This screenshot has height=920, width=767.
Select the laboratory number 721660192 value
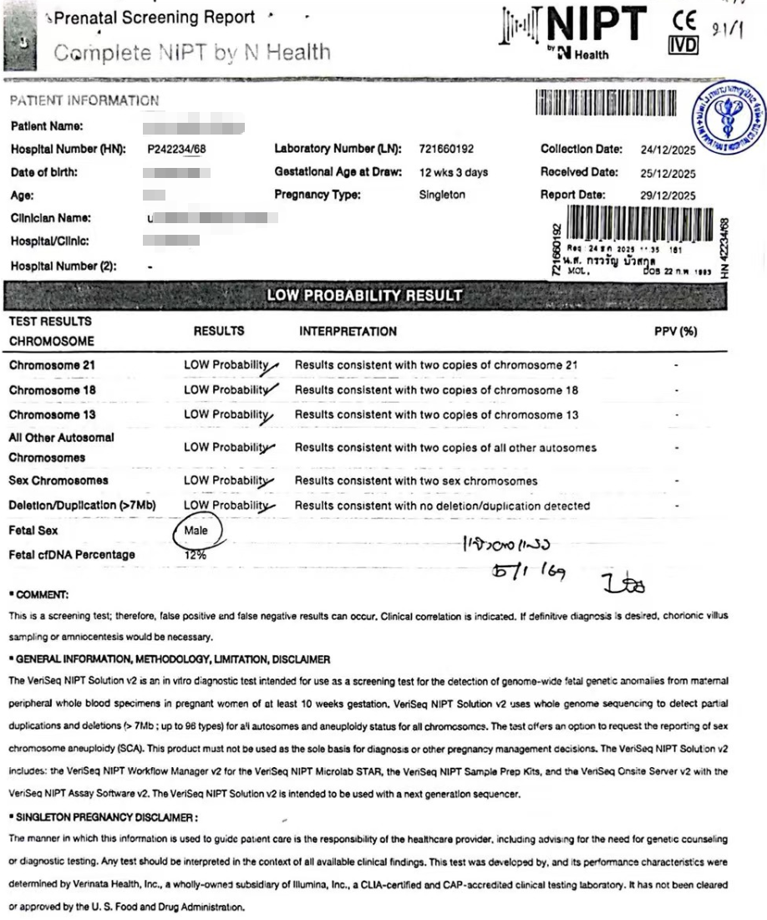coord(446,150)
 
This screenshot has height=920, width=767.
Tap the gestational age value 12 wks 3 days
coord(454,173)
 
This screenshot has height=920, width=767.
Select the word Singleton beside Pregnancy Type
coord(444,196)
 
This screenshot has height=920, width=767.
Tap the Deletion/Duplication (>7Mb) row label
coord(82,506)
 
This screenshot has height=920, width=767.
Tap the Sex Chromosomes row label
coord(59,481)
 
